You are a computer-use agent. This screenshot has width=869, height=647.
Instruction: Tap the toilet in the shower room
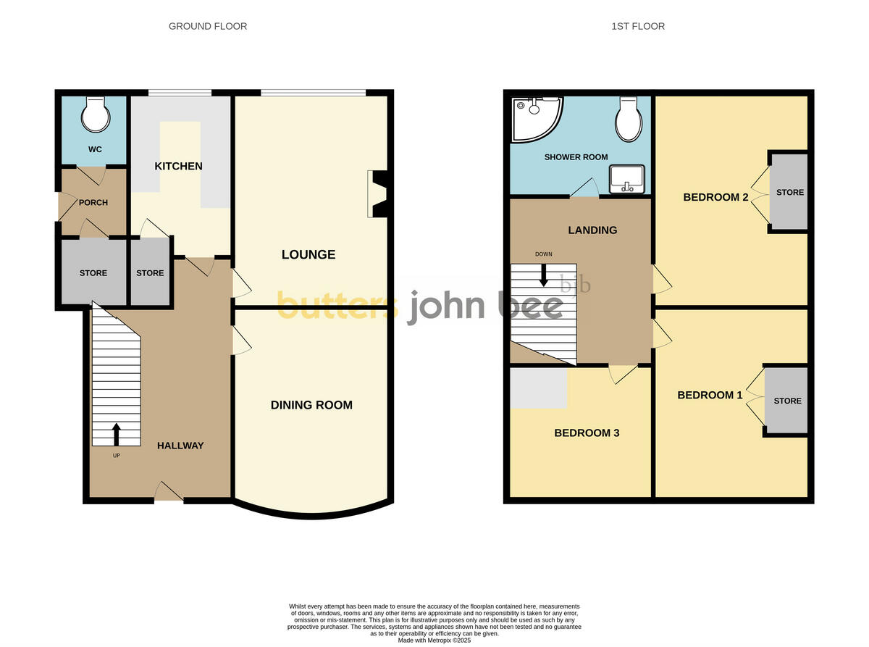point(628,120)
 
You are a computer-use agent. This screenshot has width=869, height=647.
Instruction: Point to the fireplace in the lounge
point(379,193)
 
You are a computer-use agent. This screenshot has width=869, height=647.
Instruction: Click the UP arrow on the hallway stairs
point(116,434)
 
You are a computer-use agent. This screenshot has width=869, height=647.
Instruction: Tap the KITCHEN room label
point(178,166)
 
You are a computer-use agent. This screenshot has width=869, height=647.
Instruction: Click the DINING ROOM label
point(311,405)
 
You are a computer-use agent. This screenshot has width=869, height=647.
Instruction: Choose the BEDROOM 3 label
point(587,433)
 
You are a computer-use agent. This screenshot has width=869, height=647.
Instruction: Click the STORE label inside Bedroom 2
point(790,192)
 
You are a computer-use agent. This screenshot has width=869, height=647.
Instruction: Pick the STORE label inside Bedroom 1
point(787,401)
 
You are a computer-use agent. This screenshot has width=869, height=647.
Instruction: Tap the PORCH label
point(93,203)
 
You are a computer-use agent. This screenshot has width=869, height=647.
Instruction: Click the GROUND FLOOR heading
point(208,26)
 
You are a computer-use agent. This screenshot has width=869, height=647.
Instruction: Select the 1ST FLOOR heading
point(637,26)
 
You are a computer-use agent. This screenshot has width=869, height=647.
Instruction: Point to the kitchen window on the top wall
point(180,93)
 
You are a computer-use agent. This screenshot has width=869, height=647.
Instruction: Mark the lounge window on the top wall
point(313,93)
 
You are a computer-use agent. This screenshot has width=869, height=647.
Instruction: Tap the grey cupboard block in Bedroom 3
point(539,388)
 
